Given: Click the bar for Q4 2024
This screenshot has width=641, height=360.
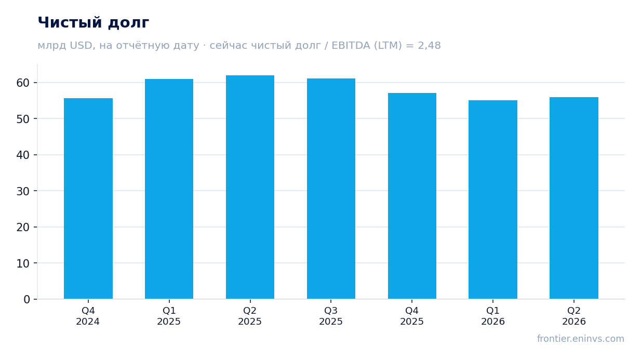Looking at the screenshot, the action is tap(88, 198).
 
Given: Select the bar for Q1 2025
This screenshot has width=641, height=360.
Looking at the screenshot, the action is tap(169, 189).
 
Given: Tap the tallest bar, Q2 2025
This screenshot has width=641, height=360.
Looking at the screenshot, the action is tap(250, 187).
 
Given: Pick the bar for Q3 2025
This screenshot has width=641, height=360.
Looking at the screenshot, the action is tap(331, 189).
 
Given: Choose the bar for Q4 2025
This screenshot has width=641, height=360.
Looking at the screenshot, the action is tap(412, 196).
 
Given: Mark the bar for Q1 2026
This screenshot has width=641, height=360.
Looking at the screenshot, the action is tap(493, 200).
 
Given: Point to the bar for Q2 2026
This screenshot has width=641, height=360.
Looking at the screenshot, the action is tap(574, 198).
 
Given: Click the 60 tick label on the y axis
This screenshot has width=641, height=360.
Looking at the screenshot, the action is tap(23, 83).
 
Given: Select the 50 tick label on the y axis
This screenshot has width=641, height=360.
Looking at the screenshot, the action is tap(23, 119).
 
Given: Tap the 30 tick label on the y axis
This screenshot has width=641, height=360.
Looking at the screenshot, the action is tap(23, 191).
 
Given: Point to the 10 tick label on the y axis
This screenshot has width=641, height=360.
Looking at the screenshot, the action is tap(23, 263).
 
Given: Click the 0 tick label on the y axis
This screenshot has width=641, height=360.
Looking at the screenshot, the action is tap(26, 300).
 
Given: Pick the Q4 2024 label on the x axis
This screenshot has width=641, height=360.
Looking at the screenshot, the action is tap(88, 316).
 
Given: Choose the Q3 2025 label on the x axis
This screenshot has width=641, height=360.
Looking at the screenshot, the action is tap(331, 316).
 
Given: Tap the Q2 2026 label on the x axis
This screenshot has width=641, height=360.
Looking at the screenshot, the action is tap(574, 316).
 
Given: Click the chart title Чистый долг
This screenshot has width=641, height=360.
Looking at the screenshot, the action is tap(94, 22).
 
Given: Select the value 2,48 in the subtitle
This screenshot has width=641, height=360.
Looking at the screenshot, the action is tap(429, 46).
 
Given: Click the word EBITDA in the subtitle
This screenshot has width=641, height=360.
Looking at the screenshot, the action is tap(351, 45).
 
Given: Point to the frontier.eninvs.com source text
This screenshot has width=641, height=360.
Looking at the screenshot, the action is tap(580, 339).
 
